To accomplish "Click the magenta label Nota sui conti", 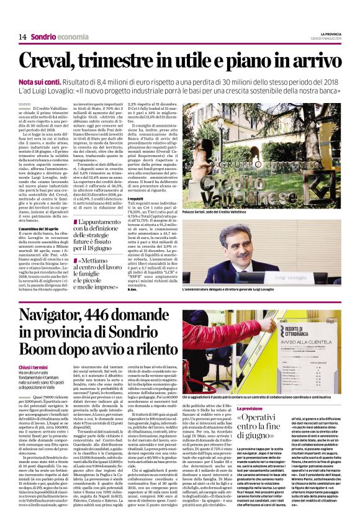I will click(x=39, y=82).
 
